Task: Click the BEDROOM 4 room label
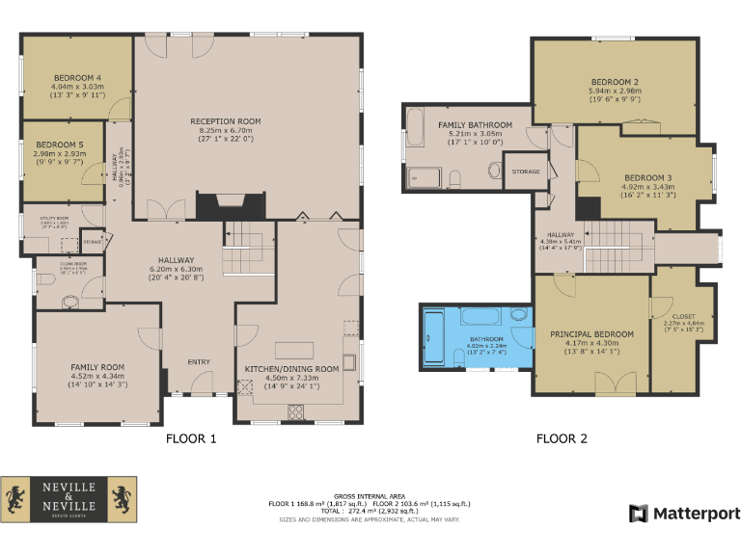coord(77,77)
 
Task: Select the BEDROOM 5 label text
coord(59,145)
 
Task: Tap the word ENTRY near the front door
coord(199,361)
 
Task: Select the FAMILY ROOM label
coord(97,367)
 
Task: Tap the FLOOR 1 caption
coord(191,439)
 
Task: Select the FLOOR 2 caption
coord(562,439)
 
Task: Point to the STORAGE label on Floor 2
coord(526,172)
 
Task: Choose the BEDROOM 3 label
coord(648,178)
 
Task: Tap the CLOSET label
coord(683,316)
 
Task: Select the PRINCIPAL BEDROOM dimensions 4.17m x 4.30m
coord(591,344)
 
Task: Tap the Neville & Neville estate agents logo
coord(69,500)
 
